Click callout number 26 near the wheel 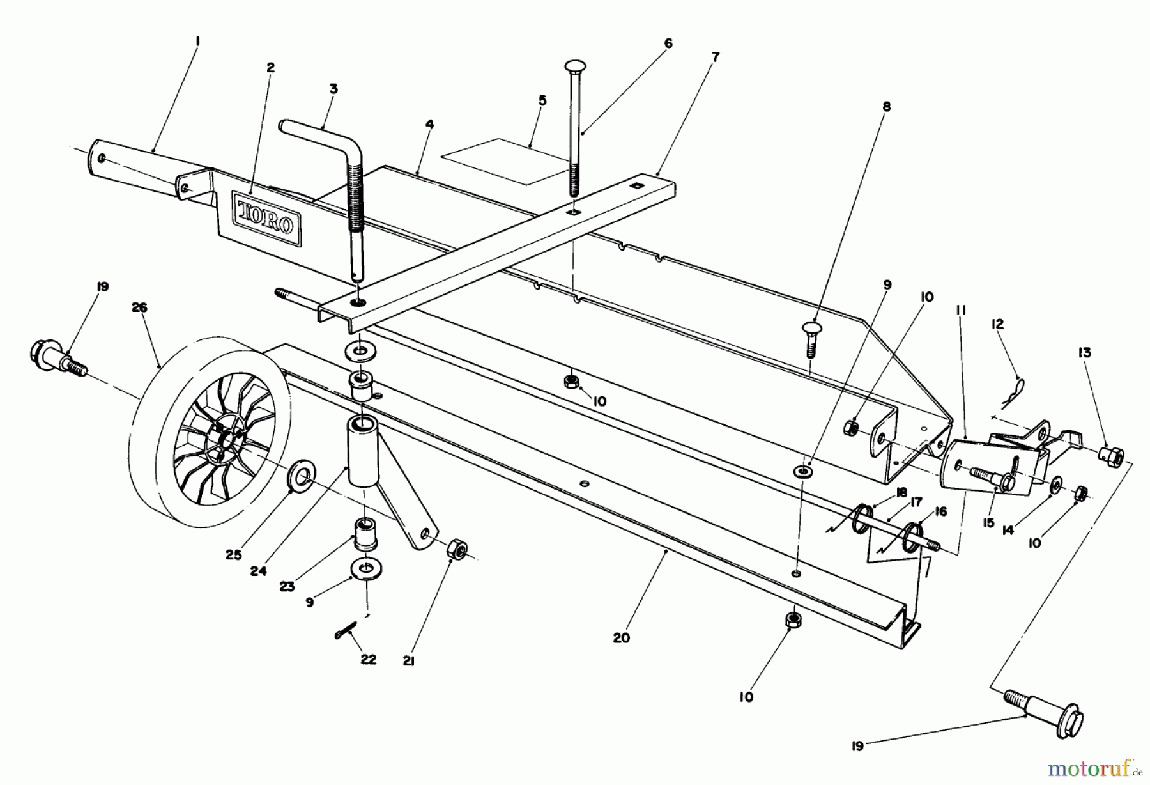(x=139, y=308)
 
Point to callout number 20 (x=621, y=637)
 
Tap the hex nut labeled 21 (x=457, y=549)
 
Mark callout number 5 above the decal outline (x=542, y=100)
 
